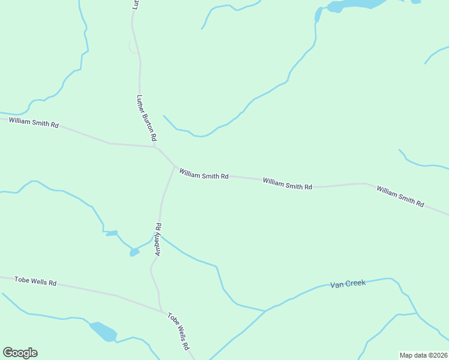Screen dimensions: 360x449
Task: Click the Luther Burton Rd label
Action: (x=142, y=118)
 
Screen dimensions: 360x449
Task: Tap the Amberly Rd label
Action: (x=158, y=240)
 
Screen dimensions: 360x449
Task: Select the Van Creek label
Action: (x=348, y=283)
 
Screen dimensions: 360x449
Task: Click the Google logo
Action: (x=20, y=353)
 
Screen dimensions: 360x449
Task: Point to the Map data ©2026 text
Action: (x=423, y=355)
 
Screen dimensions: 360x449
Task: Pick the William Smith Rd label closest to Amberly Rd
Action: (x=203, y=175)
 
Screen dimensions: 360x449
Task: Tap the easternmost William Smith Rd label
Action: (x=400, y=197)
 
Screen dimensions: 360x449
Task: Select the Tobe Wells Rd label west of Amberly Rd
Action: (x=35, y=281)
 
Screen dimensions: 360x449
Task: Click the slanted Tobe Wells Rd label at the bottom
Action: (x=178, y=331)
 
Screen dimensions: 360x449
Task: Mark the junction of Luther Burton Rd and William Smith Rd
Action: (x=154, y=146)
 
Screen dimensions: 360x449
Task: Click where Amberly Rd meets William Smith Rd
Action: (x=175, y=167)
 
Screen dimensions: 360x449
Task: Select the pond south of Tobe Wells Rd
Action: (x=103, y=331)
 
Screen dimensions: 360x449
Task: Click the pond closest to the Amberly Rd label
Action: (x=134, y=252)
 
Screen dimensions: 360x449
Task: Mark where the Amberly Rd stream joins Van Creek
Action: (x=265, y=311)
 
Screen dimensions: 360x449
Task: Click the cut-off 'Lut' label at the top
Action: (x=136, y=4)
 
